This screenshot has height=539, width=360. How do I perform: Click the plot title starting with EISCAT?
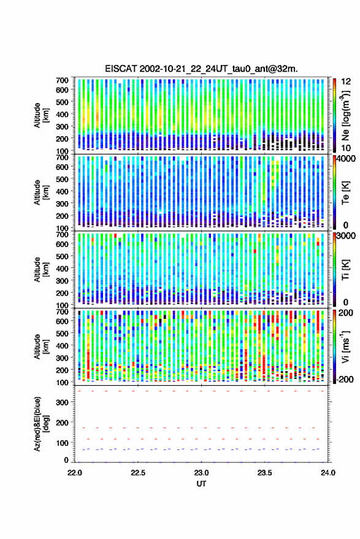click(x=201, y=69)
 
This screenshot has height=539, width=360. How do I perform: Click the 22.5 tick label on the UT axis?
click(x=138, y=473)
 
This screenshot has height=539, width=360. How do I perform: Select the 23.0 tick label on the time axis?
click(x=202, y=473)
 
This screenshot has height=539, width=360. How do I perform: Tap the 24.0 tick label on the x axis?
click(x=328, y=473)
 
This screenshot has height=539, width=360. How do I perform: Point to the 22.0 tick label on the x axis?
click(x=75, y=473)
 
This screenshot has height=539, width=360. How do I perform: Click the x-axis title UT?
click(x=201, y=484)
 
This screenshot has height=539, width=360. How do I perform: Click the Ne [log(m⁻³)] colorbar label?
click(x=346, y=116)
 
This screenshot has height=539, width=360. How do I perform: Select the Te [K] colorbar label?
click(x=346, y=193)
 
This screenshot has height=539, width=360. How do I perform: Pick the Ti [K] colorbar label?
click(x=346, y=270)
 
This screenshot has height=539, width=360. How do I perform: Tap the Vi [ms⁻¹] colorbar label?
click(x=346, y=346)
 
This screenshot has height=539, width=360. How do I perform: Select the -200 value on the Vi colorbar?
click(x=345, y=380)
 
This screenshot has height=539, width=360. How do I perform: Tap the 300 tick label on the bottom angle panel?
click(x=62, y=402)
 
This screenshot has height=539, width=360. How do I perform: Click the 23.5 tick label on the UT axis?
click(x=265, y=473)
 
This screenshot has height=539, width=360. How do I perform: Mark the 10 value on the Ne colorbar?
click(x=346, y=148)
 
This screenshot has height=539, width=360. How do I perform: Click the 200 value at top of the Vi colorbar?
click(x=345, y=313)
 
